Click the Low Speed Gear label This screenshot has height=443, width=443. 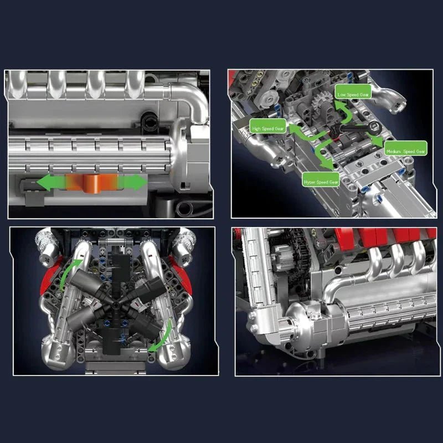coord(353,94)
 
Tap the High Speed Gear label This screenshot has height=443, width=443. coord(269,128)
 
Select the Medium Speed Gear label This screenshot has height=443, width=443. coord(405,151)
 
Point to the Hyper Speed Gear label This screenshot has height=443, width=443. coord(321,182)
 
